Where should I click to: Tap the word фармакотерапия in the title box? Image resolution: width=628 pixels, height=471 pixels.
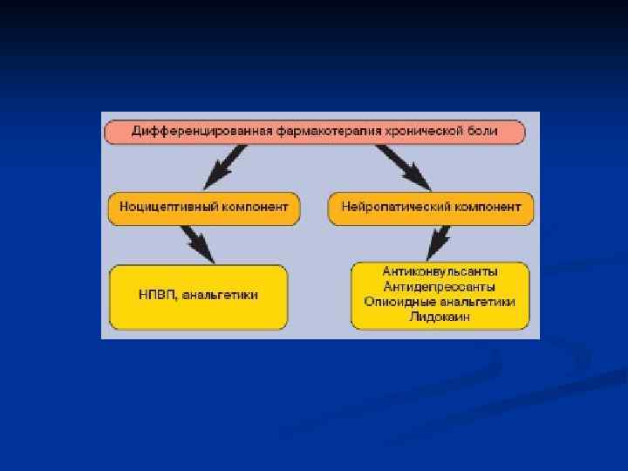coord(292,133)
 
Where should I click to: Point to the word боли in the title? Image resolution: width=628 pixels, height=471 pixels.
coord(480,133)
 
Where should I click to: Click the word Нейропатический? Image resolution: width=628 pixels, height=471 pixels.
coord(387,208)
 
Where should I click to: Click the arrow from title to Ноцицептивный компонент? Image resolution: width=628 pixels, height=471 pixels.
coord(220,166)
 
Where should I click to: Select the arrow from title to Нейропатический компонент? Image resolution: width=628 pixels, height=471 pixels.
coord(403,166)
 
